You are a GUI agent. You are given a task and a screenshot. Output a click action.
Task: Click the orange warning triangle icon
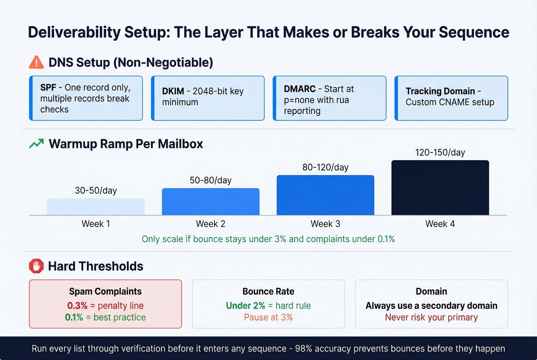click(x=36, y=62)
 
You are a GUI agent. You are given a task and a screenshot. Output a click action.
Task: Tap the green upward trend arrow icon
click(x=36, y=144)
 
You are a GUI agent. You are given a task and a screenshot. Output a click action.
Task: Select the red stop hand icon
click(x=36, y=266)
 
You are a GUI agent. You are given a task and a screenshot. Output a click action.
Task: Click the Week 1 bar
click(x=96, y=207)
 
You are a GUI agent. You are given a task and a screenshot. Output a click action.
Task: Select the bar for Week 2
click(x=211, y=202)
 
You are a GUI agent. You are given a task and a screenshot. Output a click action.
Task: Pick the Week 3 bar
click(x=325, y=195)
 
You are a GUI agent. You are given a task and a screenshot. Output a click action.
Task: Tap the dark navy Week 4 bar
click(x=440, y=187)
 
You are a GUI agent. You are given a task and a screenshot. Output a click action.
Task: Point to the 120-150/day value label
click(x=440, y=153)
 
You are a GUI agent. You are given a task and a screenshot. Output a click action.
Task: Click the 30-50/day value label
click(x=96, y=191)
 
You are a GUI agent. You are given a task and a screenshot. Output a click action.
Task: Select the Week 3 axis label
click(x=325, y=224)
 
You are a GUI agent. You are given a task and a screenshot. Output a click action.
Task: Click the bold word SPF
click(x=48, y=87)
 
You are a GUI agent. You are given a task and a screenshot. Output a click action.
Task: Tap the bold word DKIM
click(x=173, y=91)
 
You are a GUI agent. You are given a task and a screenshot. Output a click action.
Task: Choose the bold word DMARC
click(x=300, y=89)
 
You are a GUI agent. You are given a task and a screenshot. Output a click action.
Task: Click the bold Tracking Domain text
click(x=440, y=91)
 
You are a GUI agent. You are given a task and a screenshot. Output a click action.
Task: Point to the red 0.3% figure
click(x=77, y=306)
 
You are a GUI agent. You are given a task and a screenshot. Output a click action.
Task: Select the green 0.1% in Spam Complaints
click(x=74, y=317)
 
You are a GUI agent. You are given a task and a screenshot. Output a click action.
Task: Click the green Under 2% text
click(x=245, y=306)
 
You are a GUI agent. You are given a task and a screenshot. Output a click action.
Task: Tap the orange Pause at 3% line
click(x=268, y=317)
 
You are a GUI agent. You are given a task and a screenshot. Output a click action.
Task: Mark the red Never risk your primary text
click(x=431, y=317)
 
